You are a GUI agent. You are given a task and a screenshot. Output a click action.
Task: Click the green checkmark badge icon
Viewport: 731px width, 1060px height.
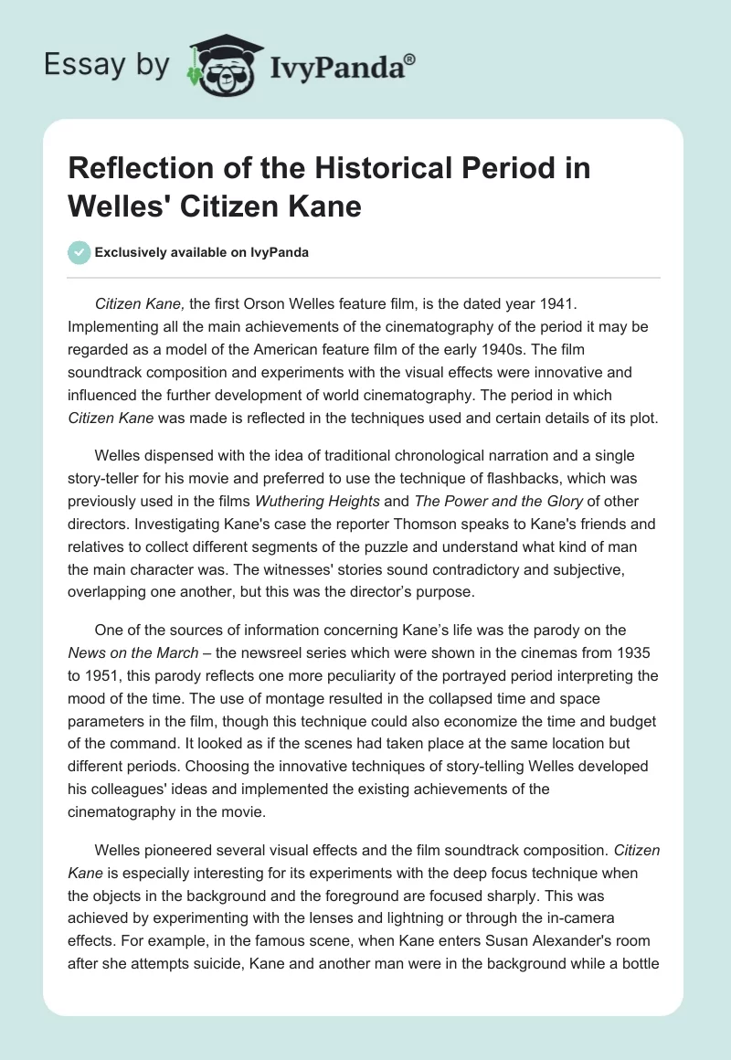pos(80,252)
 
